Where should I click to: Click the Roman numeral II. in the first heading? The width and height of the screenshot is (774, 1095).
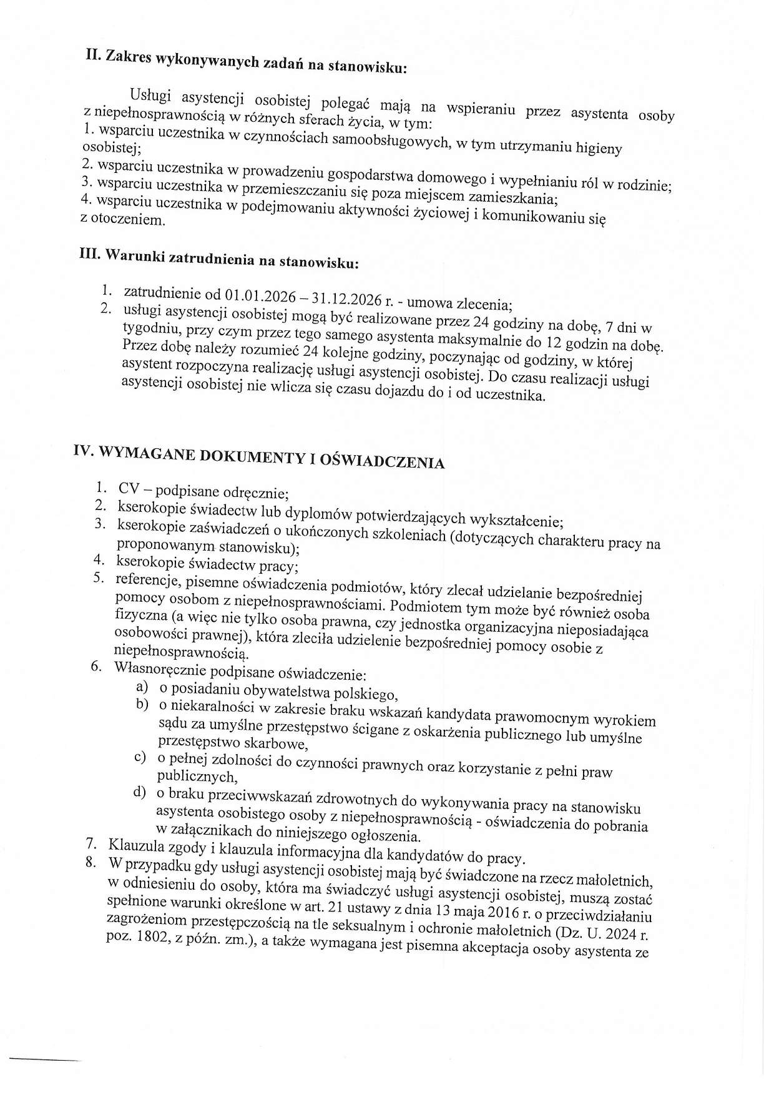point(94,54)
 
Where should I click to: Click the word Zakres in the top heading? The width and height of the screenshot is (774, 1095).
point(127,56)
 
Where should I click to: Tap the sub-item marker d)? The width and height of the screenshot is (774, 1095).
point(139,793)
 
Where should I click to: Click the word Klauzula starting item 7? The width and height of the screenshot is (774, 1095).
point(134,847)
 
